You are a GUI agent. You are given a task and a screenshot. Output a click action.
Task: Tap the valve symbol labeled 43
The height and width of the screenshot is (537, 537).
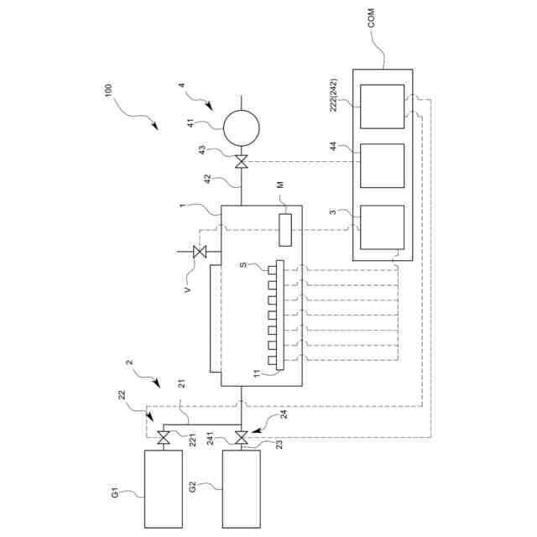pos(241,162)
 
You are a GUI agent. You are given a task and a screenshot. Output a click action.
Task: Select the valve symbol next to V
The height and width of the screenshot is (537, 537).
pos(200,252)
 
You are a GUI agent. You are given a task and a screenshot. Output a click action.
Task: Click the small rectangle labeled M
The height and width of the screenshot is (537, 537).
pos(285,229)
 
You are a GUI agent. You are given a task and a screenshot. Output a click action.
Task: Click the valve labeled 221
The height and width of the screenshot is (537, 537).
pos(164,437)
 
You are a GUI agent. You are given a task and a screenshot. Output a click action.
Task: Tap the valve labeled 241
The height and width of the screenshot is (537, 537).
pos(241,437)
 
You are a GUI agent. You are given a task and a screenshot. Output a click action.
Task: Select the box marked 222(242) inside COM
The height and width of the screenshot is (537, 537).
pos(382,107)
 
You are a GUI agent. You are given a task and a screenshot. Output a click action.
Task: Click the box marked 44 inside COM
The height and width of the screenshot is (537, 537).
pos(382,165)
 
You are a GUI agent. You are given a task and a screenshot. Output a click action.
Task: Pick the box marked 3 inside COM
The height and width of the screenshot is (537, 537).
pos(382,227)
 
